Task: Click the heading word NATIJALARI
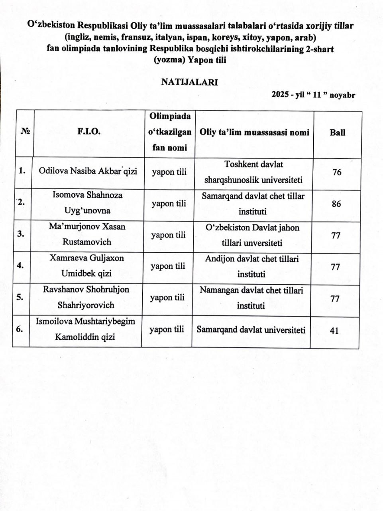189,82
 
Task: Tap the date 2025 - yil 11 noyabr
313,95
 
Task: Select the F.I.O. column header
88,132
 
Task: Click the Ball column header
337,133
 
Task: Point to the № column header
25,131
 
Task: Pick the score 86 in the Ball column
336,204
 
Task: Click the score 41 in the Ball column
334,331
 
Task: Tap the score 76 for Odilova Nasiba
337,172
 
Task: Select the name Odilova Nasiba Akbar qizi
88,171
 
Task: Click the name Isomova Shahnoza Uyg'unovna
87,203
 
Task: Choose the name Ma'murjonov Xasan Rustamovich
87,234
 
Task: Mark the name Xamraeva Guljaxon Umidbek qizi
86,265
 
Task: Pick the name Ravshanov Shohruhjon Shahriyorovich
86,297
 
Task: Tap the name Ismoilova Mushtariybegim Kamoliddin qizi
85,329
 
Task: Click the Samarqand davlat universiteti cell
251,330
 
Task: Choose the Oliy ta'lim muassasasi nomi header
254,133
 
